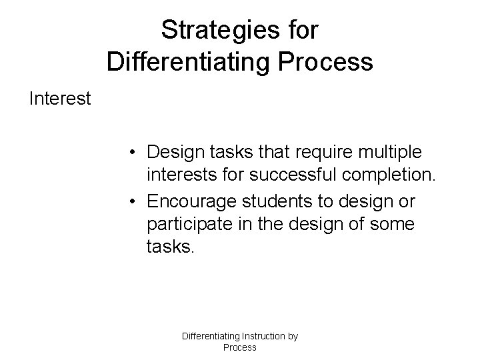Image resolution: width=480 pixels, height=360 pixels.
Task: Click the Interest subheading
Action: point(60,99)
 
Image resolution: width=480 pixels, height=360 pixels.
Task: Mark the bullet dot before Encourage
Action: point(135,202)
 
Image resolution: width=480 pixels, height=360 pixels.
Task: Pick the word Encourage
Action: point(188,201)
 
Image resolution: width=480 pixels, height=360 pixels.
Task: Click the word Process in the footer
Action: point(239,347)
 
